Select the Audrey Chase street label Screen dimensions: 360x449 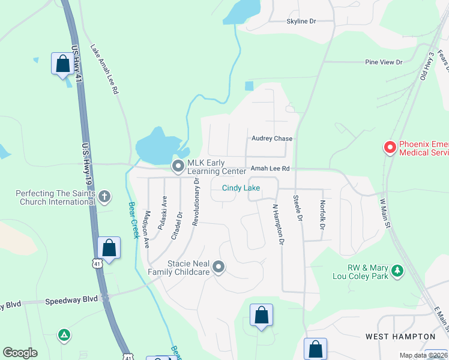tap(272, 139)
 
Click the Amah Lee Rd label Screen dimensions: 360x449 tap(270, 169)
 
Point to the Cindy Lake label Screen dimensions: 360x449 tap(241, 188)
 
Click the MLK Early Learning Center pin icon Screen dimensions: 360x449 tap(178, 166)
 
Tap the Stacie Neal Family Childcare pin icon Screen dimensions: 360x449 tap(219, 267)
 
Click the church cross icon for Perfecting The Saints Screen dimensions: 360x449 tap(105, 196)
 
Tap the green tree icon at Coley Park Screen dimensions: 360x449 tap(397, 271)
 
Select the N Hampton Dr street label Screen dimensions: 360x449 tap(277, 224)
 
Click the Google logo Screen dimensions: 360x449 tap(20, 353)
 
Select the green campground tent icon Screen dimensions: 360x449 tap(64, 334)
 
